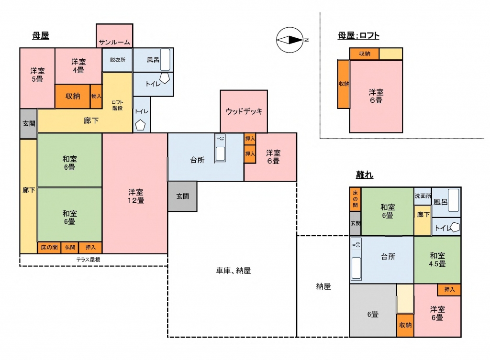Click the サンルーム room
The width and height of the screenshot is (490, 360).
tap(114, 35)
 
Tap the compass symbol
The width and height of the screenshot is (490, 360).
tap(290, 40)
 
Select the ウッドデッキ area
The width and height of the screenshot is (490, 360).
tap(244, 111)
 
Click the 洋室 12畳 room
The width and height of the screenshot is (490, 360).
tap(135, 194)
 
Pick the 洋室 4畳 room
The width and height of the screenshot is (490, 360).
tap(78, 66)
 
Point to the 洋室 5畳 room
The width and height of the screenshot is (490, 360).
tap(37, 78)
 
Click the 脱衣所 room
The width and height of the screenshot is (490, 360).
tap(118, 60)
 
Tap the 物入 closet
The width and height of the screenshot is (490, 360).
tap(96, 96)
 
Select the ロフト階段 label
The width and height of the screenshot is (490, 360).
tap(118, 105)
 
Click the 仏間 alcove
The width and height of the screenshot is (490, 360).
tap(70, 247)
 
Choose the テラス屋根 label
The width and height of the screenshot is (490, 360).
tap(89, 260)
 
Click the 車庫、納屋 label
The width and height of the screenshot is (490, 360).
tap(234, 271)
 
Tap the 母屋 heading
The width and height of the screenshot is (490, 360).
tap(41, 35)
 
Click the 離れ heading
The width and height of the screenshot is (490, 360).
tap(365, 175)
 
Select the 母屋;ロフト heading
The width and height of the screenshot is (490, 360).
tap(358, 35)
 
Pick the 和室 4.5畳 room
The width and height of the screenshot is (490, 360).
tap(437, 260)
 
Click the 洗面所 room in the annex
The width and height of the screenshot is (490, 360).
tap(423, 196)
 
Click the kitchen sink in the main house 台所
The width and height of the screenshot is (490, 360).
tap(220, 148)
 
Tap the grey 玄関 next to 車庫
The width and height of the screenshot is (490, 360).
tap(182, 196)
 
